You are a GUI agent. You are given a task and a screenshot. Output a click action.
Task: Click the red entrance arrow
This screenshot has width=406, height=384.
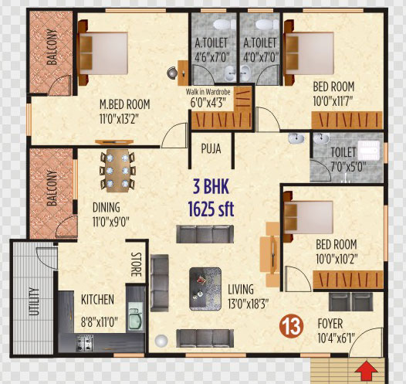(x=366, y=372)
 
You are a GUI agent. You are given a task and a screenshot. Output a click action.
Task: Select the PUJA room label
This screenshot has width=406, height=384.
(x=211, y=149)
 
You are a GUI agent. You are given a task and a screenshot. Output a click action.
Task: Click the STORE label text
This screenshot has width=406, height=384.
(x=137, y=264)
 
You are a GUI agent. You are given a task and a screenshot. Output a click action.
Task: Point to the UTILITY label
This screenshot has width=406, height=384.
(x=34, y=301)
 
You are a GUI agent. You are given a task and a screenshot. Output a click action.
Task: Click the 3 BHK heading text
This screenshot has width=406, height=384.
(x=211, y=186)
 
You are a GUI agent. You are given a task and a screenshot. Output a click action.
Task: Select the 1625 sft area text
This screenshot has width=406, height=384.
(x=211, y=209)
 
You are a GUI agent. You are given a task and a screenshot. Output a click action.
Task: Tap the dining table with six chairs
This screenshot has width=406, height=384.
(x=117, y=171)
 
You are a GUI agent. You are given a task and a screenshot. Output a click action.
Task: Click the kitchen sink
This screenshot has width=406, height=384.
(x=135, y=318)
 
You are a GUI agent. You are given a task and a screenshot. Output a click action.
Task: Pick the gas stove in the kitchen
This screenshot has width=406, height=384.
(x=85, y=343)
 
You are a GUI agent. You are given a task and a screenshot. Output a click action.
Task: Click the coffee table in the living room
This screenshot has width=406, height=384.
(x=205, y=289)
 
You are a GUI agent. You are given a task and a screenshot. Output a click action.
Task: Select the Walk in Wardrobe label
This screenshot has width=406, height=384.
(x=208, y=92)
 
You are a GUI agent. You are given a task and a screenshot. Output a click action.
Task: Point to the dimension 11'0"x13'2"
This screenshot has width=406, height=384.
(x=119, y=120)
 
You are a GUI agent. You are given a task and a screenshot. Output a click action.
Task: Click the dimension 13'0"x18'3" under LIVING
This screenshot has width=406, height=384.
(x=248, y=303)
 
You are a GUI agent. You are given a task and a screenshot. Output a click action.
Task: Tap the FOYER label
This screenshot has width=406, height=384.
(x=330, y=324)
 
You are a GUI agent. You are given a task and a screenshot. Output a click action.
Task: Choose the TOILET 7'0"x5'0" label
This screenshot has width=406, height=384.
(x=348, y=159)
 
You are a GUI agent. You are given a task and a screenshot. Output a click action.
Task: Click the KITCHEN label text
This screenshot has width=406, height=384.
(x=97, y=300)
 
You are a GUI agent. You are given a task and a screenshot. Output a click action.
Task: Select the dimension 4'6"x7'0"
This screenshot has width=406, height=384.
(x=212, y=57)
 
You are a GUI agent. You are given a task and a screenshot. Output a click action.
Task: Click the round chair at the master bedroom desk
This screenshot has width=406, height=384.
(x=172, y=73)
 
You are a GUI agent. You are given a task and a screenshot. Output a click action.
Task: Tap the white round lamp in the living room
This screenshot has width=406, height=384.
(x=161, y=341)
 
